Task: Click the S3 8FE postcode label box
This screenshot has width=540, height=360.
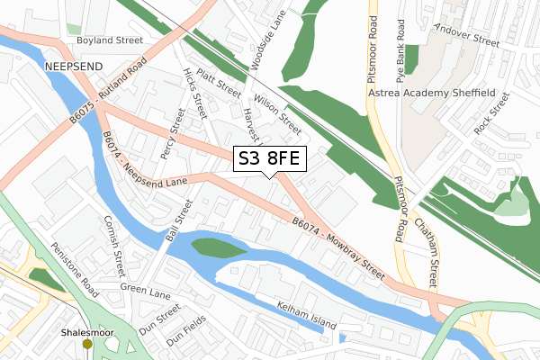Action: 270,159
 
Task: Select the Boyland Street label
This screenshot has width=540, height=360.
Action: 110,40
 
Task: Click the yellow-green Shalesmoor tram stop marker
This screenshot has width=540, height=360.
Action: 87,343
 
